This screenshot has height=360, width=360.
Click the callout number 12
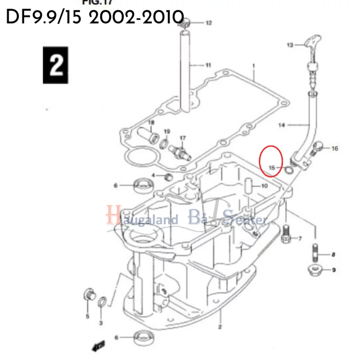(x=209, y=23)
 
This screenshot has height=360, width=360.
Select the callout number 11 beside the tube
(x=208, y=65)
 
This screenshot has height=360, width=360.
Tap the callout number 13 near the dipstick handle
(x=290, y=45)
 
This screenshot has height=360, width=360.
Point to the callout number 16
(x=335, y=149)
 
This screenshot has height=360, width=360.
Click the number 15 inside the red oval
(x=272, y=168)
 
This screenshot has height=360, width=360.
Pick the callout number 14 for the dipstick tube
(x=282, y=125)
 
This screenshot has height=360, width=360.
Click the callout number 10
(x=264, y=186)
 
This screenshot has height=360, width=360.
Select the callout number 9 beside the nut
(x=334, y=270)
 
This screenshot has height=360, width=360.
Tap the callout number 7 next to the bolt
(x=300, y=239)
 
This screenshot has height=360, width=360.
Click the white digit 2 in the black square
(x=56, y=65)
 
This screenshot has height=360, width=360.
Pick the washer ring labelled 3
(x=102, y=301)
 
